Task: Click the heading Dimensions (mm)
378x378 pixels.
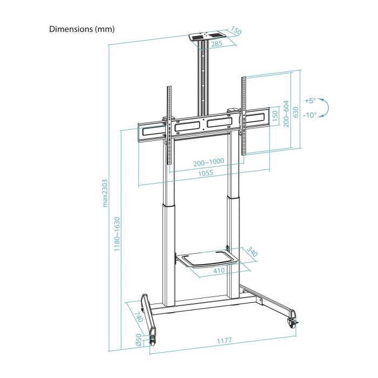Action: (82, 29)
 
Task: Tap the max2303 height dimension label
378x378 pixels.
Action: (106, 193)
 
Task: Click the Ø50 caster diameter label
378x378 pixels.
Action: (139, 339)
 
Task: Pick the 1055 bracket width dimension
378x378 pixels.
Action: (205, 173)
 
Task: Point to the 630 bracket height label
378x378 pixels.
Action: (295, 112)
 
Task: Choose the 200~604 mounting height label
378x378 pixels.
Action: (286, 114)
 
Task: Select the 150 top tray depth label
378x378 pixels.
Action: (235, 31)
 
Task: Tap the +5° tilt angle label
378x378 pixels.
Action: (309, 101)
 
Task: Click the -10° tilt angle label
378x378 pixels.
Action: (309, 114)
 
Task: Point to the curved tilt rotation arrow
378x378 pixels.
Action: (323, 107)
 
